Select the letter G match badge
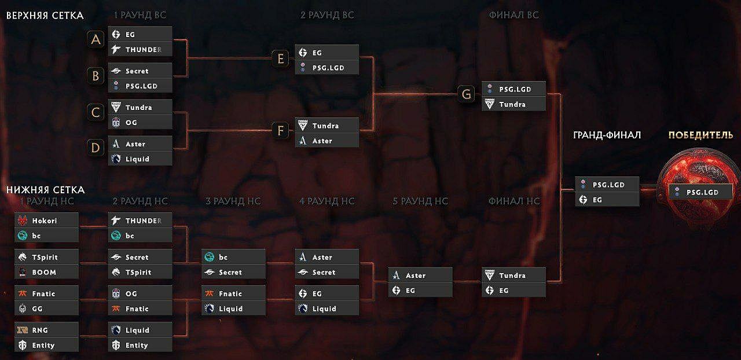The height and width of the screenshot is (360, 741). point(465,94)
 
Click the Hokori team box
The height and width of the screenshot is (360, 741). point(46,221)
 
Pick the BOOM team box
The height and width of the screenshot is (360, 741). point(46,272)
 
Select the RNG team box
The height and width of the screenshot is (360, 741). point(46,330)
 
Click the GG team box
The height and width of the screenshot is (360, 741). point(46,309)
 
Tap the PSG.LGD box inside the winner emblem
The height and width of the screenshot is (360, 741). point(700,192)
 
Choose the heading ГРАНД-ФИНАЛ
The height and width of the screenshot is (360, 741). point(607,135)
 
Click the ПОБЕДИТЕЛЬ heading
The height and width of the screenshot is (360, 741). point(700,135)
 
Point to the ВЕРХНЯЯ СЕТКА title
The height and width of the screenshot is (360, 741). point(45,15)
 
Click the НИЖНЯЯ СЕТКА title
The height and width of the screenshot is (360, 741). point(45,189)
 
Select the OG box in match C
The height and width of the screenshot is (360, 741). point(140,122)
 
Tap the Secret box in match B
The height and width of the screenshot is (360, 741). point(140,71)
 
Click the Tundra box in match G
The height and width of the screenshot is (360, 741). point(513,104)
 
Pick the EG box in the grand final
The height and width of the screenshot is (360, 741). point(607,200)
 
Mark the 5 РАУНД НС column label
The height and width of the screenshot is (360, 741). point(420,201)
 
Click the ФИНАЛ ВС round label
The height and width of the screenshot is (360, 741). point(513,15)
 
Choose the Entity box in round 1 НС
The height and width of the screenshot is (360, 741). point(46,346)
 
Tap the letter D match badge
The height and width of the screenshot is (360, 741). point(96,148)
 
